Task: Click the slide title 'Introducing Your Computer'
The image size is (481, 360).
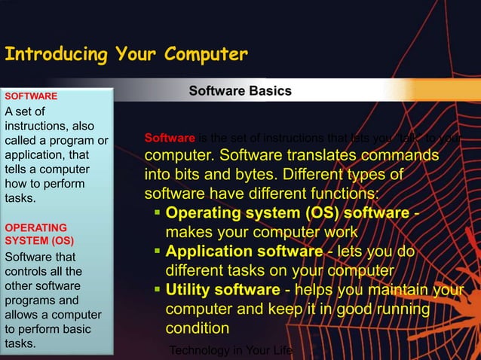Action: [126, 55]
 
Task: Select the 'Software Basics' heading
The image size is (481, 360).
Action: [240, 91]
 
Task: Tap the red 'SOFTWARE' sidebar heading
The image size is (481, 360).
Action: [31, 96]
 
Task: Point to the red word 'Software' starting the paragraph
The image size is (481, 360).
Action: [170, 138]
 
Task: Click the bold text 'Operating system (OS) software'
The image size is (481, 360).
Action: [287, 212]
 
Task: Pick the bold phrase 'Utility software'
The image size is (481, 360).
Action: [222, 290]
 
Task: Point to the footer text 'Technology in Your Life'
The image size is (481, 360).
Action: [231, 350]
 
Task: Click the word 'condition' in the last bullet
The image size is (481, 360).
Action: [198, 329]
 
